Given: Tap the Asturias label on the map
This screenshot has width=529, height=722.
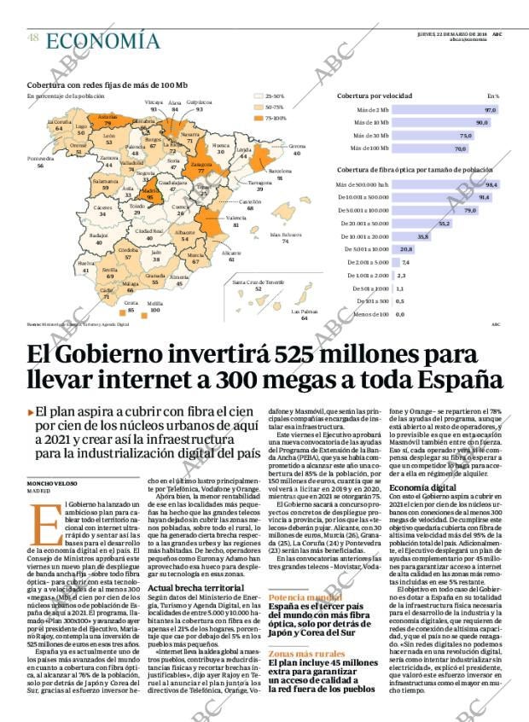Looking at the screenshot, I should (108, 116).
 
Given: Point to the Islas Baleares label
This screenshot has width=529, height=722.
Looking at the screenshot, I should (285, 235).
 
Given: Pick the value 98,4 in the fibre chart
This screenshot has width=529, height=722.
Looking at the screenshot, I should (491, 184).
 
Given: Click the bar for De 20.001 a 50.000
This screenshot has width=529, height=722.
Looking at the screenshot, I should (422, 223).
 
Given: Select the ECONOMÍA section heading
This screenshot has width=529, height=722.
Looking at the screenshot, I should (102, 40).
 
